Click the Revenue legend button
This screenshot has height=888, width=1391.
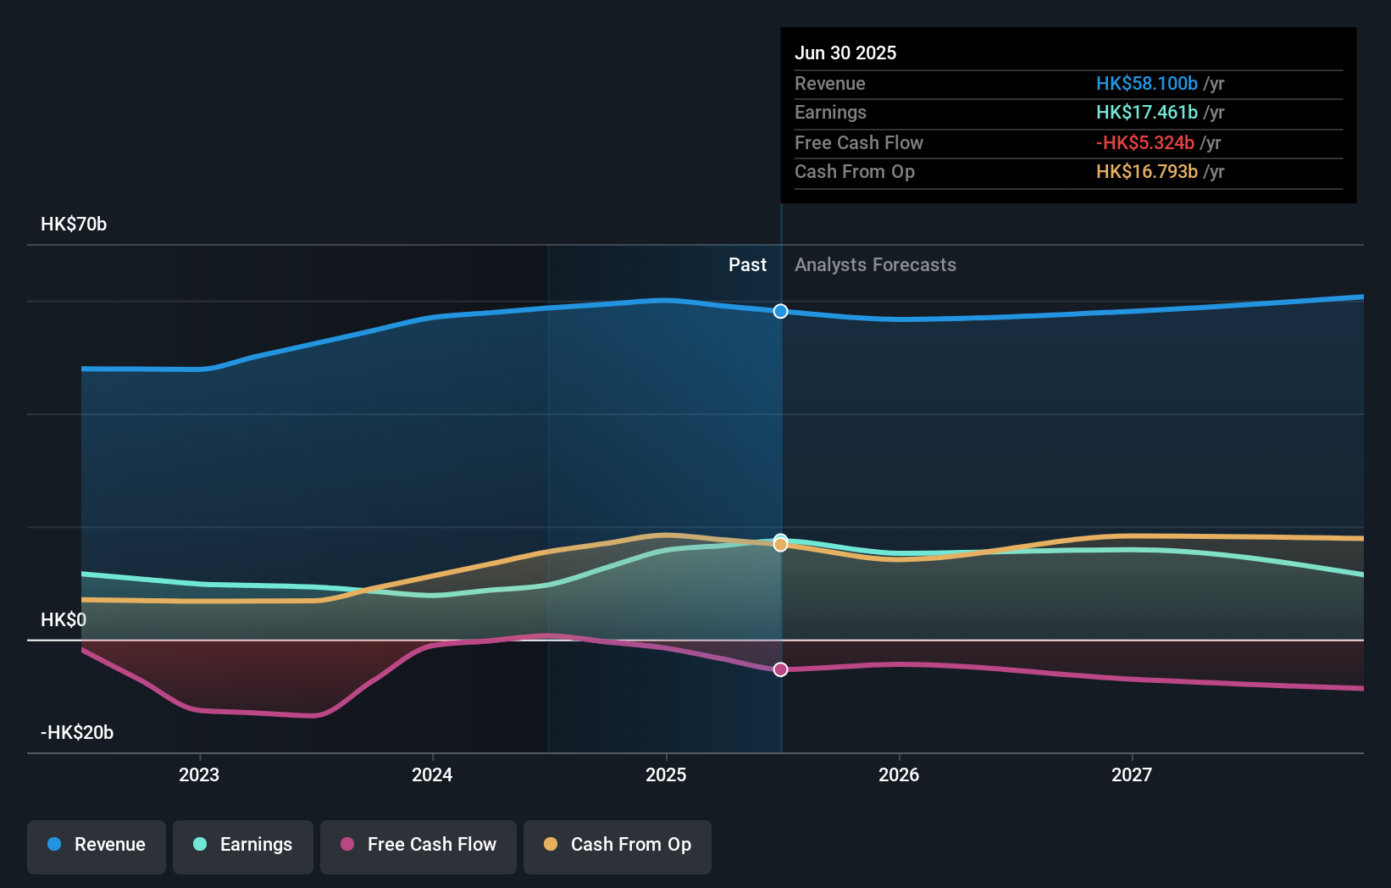click(x=97, y=845)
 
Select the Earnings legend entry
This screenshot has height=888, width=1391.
click(x=243, y=845)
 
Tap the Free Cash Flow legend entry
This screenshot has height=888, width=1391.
click(x=418, y=845)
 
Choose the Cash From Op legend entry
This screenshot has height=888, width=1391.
click(x=618, y=845)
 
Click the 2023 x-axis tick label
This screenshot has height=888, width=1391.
click(x=199, y=774)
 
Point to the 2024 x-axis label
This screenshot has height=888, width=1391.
click(x=432, y=774)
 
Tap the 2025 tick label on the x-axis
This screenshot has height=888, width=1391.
click(x=666, y=774)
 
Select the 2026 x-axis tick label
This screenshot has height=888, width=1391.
click(x=899, y=774)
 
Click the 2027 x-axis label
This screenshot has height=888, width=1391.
click(x=1132, y=774)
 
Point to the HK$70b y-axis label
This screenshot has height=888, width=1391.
click(x=74, y=224)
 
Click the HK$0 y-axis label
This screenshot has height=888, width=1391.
click(x=64, y=619)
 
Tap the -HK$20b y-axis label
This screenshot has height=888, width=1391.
click(x=77, y=732)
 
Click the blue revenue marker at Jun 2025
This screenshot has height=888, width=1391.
click(x=780, y=311)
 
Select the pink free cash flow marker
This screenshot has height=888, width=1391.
click(x=780, y=669)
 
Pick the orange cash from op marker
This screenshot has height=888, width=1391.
click(x=780, y=545)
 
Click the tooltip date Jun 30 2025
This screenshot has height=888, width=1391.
click(x=845, y=53)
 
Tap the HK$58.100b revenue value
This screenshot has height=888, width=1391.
click(x=1146, y=83)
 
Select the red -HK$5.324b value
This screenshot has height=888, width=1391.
click(x=1144, y=142)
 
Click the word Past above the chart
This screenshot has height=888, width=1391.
click(x=747, y=265)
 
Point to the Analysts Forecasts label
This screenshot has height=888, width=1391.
click(x=875, y=265)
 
